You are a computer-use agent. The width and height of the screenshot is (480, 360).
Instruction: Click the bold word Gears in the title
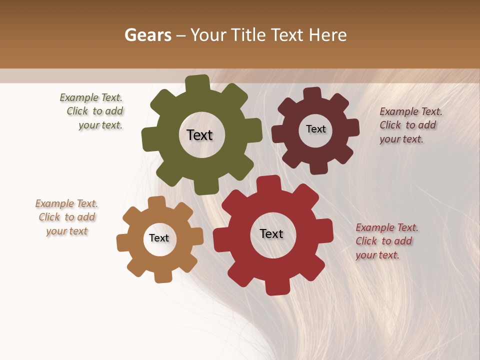click(x=147, y=35)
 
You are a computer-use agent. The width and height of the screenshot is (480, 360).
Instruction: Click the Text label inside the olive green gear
click(x=199, y=135)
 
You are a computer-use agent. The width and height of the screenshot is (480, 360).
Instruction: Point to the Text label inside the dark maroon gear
click(x=315, y=129)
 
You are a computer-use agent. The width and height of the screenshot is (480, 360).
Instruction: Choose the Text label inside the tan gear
click(x=159, y=238)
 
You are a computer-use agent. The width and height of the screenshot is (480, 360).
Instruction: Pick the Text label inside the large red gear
click(x=271, y=233)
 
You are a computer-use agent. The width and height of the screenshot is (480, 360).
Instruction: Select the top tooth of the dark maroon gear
click(x=312, y=92)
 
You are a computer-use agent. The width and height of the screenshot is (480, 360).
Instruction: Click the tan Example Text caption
click(x=67, y=217)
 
